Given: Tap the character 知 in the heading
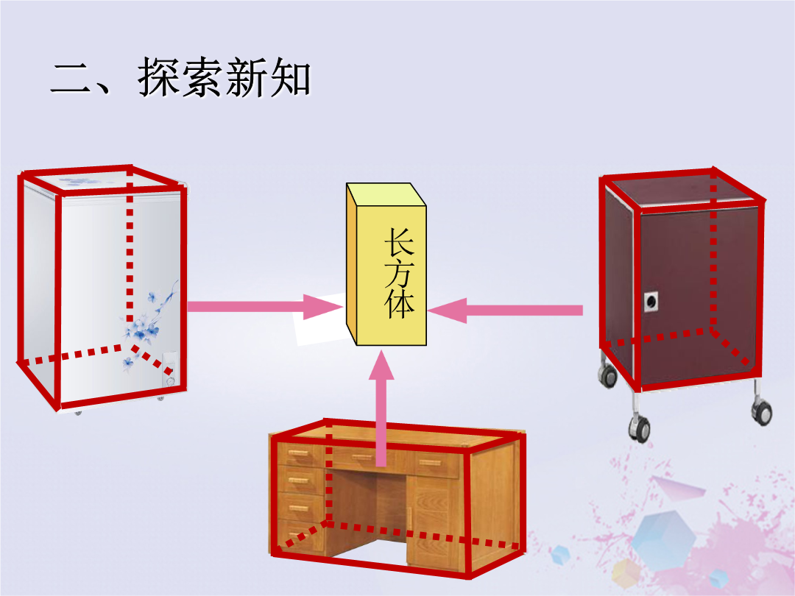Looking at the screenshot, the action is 290,77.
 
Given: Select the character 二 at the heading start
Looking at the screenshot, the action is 71,79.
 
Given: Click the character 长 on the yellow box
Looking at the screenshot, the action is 399,241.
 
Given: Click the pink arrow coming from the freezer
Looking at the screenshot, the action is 265,307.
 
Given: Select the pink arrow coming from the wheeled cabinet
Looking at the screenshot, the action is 505,311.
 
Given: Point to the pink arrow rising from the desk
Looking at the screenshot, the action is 381,408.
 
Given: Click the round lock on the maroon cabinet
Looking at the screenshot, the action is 651,302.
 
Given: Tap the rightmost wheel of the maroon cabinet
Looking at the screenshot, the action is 762,411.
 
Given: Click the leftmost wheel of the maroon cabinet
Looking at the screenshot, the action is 607,375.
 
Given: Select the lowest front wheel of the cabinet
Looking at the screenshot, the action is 640,428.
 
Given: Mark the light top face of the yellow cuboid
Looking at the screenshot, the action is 386,194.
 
